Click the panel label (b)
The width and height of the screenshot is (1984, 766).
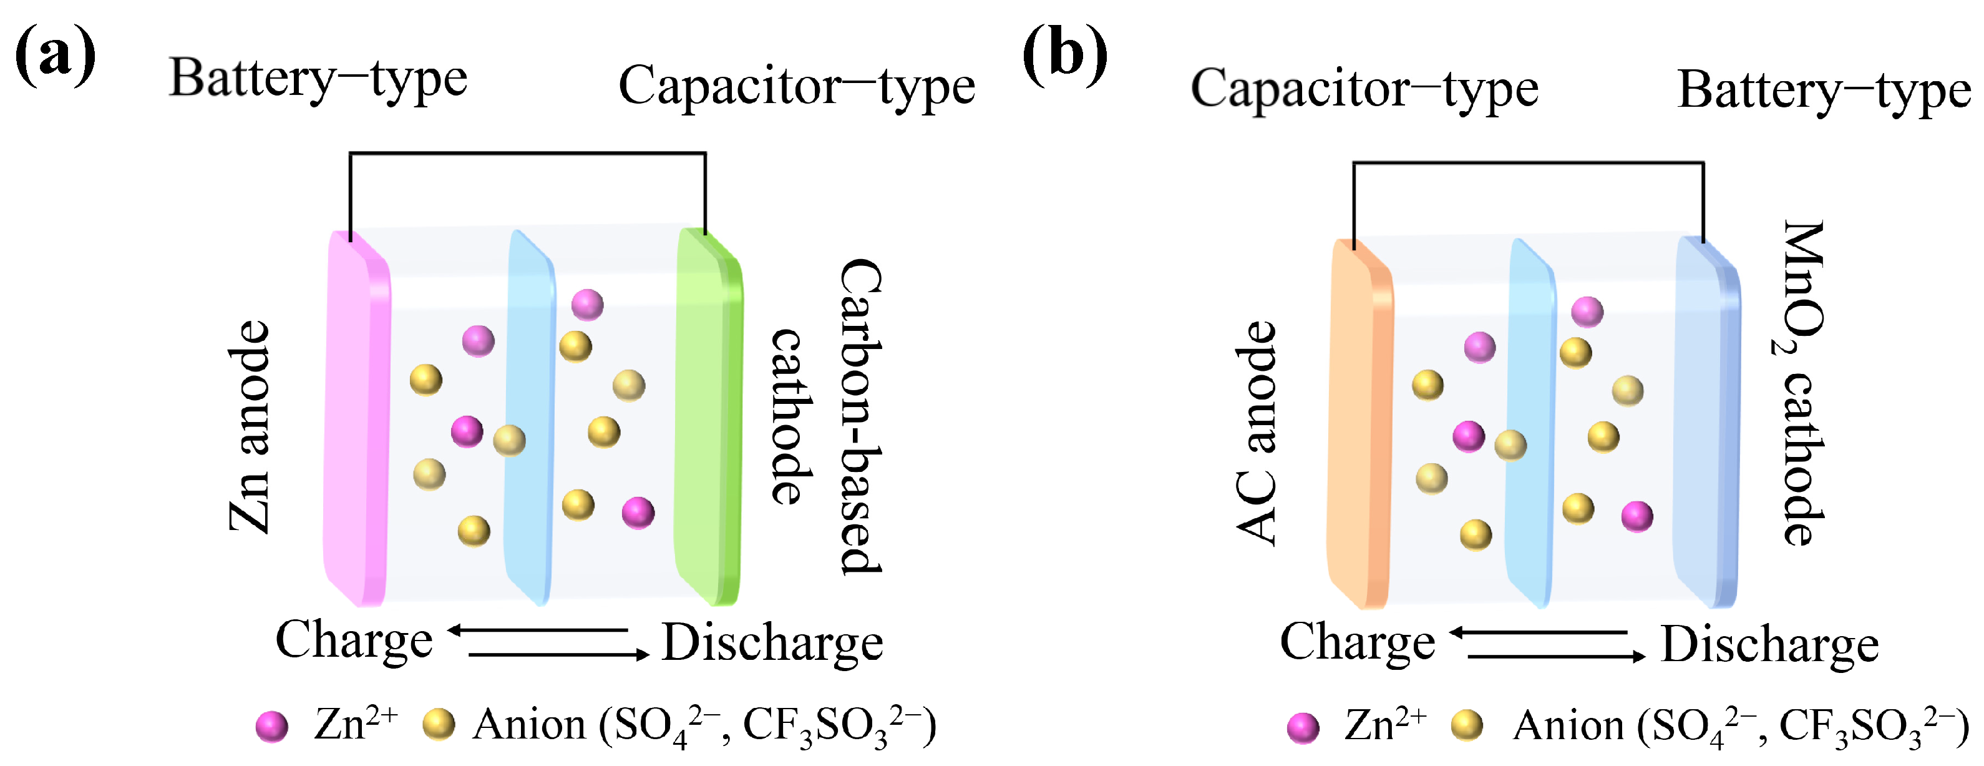(1064, 56)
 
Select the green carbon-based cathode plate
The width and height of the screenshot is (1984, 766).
(705, 416)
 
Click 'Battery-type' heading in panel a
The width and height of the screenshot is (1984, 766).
(318, 80)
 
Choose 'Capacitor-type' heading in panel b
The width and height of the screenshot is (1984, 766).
(1364, 89)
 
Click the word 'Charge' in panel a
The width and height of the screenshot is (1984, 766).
(354, 641)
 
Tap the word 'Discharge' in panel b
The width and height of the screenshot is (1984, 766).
(1769, 645)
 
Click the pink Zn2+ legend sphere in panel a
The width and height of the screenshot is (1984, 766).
(272, 726)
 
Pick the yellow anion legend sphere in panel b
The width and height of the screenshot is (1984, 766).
(1466, 726)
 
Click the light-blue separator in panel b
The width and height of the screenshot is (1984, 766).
(1530, 424)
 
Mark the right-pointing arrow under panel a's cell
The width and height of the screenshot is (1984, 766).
(558, 655)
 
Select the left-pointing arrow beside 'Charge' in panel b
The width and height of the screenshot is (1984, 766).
(1539, 632)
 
